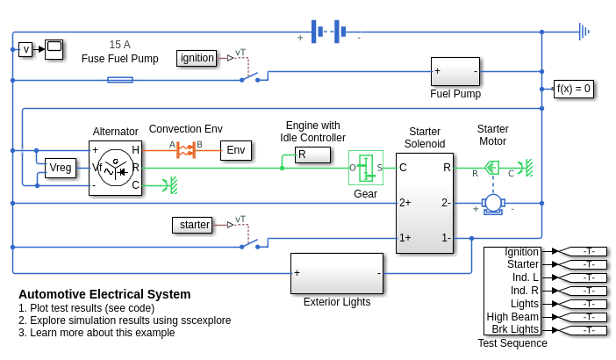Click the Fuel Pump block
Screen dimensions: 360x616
(x=455, y=71)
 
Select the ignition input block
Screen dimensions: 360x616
(x=197, y=58)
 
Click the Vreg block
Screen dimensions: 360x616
(x=61, y=168)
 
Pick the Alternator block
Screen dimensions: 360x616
(x=115, y=167)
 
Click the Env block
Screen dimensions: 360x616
(x=235, y=150)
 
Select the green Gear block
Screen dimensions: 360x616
(x=366, y=168)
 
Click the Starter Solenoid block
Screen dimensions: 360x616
(x=424, y=202)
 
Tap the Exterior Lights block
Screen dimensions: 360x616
(x=337, y=273)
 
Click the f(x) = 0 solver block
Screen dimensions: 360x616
(x=574, y=89)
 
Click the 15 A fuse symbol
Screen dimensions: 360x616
(x=120, y=80)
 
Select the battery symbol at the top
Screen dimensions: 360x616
(x=328, y=32)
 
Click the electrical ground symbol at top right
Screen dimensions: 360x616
(x=584, y=32)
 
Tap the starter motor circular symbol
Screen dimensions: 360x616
(x=493, y=203)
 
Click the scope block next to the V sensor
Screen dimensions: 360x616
(x=54, y=48)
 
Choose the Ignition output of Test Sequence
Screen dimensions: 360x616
(x=521, y=252)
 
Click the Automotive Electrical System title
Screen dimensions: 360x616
(x=104, y=294)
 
